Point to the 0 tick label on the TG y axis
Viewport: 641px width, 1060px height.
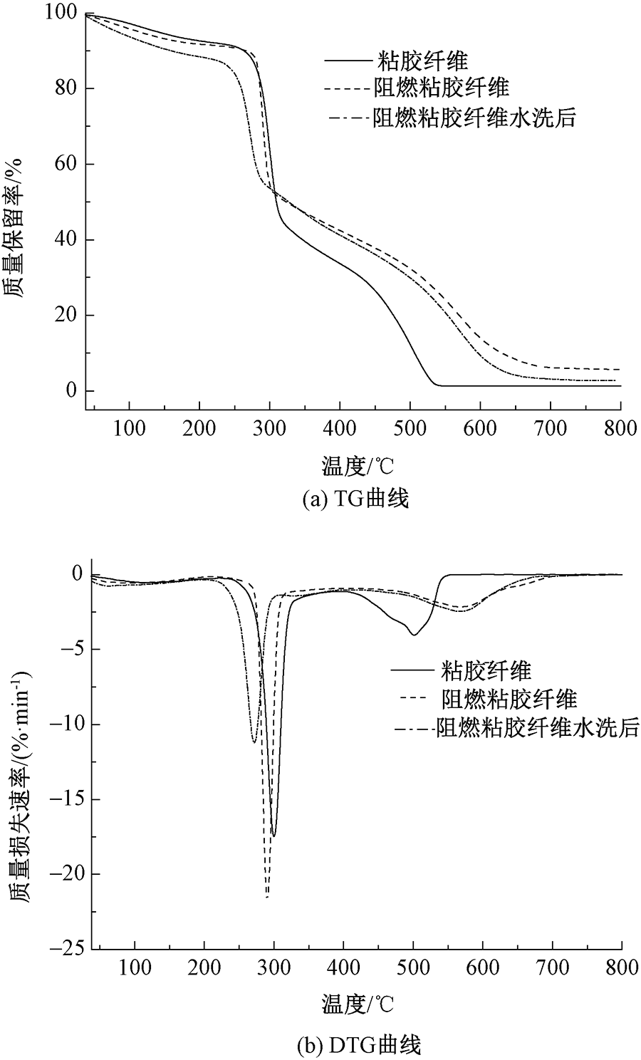(71, 391)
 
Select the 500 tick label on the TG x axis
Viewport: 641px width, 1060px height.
(410, 428)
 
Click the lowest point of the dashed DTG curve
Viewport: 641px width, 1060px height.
(267, 897)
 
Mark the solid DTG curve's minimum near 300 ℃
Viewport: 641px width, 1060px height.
(273, 836)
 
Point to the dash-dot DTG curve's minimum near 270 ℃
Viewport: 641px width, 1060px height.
(254, 742)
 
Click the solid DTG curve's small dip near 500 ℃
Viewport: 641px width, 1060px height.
(413, 634)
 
